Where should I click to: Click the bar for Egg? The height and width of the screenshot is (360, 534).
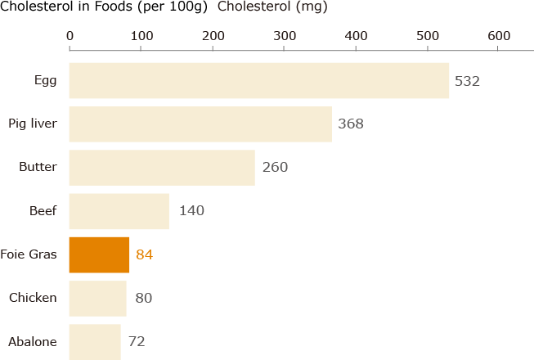tap(258, 81)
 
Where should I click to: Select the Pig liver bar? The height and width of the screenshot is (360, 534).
tap(200, 124)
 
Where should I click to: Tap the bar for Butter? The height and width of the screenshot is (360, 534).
tap(162, 168)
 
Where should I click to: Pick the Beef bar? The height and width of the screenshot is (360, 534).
tap(119, 211)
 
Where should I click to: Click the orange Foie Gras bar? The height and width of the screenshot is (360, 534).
tap(99, 254)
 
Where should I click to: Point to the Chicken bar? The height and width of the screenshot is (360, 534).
tap(97, 298)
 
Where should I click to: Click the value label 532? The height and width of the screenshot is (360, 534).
tap(466, 81)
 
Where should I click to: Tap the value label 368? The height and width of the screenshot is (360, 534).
tap(350, 124)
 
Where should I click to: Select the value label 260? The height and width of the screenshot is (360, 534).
tap(275, 168)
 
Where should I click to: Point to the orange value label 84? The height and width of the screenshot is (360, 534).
tap(144, 254)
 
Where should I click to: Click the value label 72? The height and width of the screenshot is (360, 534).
tap(137, 341)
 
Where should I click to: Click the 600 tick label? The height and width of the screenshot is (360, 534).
tap(499, 36)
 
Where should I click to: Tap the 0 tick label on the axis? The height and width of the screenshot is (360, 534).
tap(70, 36)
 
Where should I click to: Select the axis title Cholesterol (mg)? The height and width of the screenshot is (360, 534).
tap(272, 7)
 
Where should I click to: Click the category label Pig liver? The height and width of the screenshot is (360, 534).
tap(32, 124)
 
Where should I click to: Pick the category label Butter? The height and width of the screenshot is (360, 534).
tap(38, 168)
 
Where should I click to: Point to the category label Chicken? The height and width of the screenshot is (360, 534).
tap(33, 298)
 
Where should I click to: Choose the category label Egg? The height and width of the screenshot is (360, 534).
tap(45, 81)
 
